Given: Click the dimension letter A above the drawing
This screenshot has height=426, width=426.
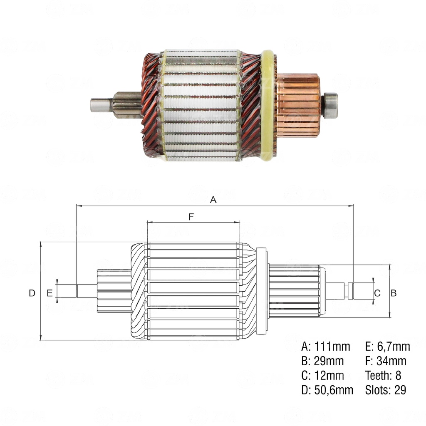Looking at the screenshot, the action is coord(213,200).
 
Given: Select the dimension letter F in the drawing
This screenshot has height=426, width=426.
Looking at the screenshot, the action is coord(191,217).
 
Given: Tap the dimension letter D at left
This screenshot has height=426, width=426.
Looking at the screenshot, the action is coord(32,293).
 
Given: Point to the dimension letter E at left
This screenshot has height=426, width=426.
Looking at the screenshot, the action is coord(50,293).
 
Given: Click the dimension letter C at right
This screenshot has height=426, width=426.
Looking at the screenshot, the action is coord(377,293).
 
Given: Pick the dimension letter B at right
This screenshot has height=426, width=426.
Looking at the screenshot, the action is coord(393,293).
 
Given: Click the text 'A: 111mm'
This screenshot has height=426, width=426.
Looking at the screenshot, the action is coord(326,347).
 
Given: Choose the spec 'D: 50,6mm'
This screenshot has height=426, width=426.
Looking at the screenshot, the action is coord(327,390).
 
